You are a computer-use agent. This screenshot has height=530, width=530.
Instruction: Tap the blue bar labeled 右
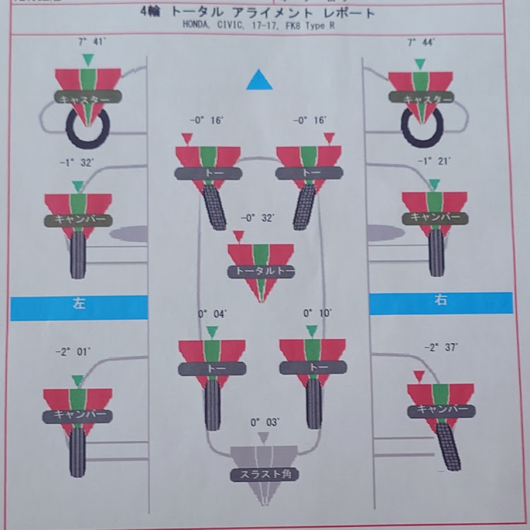tap(440, 302)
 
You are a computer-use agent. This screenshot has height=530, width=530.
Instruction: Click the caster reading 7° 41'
tap(88, 42)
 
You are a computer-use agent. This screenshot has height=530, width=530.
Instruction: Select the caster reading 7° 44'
tap(421, 43)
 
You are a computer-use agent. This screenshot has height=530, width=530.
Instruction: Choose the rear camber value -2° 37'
tap(440, 348)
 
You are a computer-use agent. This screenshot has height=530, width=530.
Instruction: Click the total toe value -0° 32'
tap(258, 218)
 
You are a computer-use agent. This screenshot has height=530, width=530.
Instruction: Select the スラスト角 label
tap(264, 475)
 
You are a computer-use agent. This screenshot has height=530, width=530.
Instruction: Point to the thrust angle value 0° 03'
tap(265, 423)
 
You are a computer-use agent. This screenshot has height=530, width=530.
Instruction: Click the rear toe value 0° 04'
tap(212, 313)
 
